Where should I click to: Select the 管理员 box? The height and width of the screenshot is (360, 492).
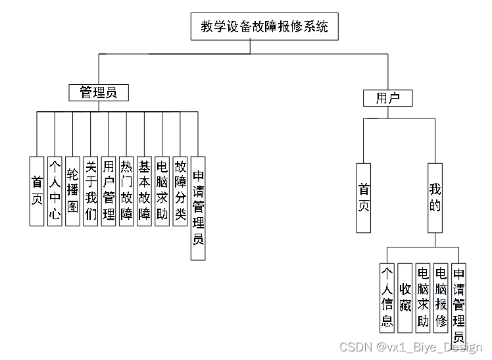99,93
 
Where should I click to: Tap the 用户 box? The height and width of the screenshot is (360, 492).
388,99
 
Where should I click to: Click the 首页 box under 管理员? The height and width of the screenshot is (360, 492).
37,191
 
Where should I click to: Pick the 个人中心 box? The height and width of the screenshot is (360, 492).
55,191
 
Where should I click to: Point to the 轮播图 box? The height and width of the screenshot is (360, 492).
73,191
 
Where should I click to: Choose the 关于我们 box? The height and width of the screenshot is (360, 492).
91,191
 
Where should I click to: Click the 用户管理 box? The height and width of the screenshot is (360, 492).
109,191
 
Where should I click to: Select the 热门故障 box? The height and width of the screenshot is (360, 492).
127,191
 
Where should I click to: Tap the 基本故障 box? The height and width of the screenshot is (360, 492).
145,191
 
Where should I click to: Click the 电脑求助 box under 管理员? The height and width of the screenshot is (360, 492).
162,191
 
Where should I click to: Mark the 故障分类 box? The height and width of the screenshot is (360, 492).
180,191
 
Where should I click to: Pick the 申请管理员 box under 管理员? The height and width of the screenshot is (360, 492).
198,209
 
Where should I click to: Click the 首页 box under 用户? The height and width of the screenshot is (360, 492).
364,197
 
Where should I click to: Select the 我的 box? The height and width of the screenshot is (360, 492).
435,197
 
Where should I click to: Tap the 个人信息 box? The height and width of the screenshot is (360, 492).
387,296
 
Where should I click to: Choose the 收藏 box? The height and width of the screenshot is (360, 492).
405,296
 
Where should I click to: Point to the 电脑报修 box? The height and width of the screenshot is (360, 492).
441,296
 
